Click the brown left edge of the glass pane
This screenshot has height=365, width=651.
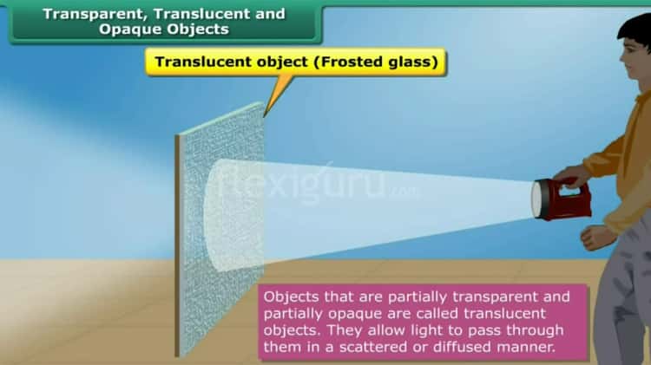click(x=178, y=243)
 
